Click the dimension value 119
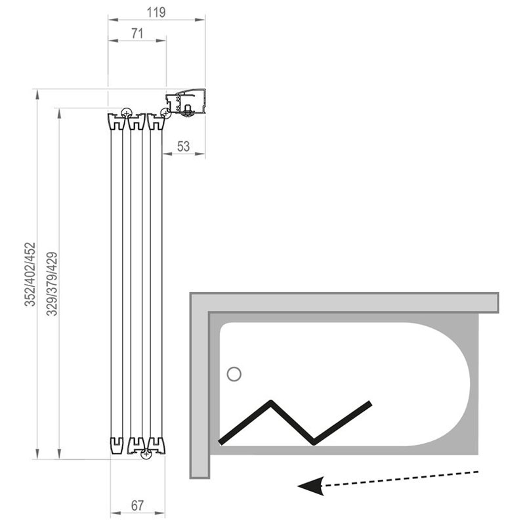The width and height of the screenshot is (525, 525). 156,12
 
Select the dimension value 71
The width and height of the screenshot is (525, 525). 137,33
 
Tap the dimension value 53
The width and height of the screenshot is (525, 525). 184,146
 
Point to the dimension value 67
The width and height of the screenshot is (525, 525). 137,505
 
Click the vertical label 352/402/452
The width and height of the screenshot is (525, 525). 30,274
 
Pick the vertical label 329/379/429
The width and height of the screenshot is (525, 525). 52,284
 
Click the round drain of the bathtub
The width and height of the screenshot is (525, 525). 234,374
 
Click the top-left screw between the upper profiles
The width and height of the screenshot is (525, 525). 126,112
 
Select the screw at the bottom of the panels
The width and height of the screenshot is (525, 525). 146,454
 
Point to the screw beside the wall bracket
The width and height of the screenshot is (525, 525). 165,113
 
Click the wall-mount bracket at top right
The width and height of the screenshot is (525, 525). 186,102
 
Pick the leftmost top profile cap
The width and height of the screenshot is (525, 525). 117,121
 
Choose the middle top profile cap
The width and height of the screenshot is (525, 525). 136,121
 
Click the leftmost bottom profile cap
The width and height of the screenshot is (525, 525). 117,446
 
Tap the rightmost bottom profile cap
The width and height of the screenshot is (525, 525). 156,446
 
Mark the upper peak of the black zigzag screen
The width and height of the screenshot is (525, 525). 271,402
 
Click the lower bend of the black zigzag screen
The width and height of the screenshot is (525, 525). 314,442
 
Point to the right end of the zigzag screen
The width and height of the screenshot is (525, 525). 370,403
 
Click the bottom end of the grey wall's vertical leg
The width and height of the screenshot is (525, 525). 200,478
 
